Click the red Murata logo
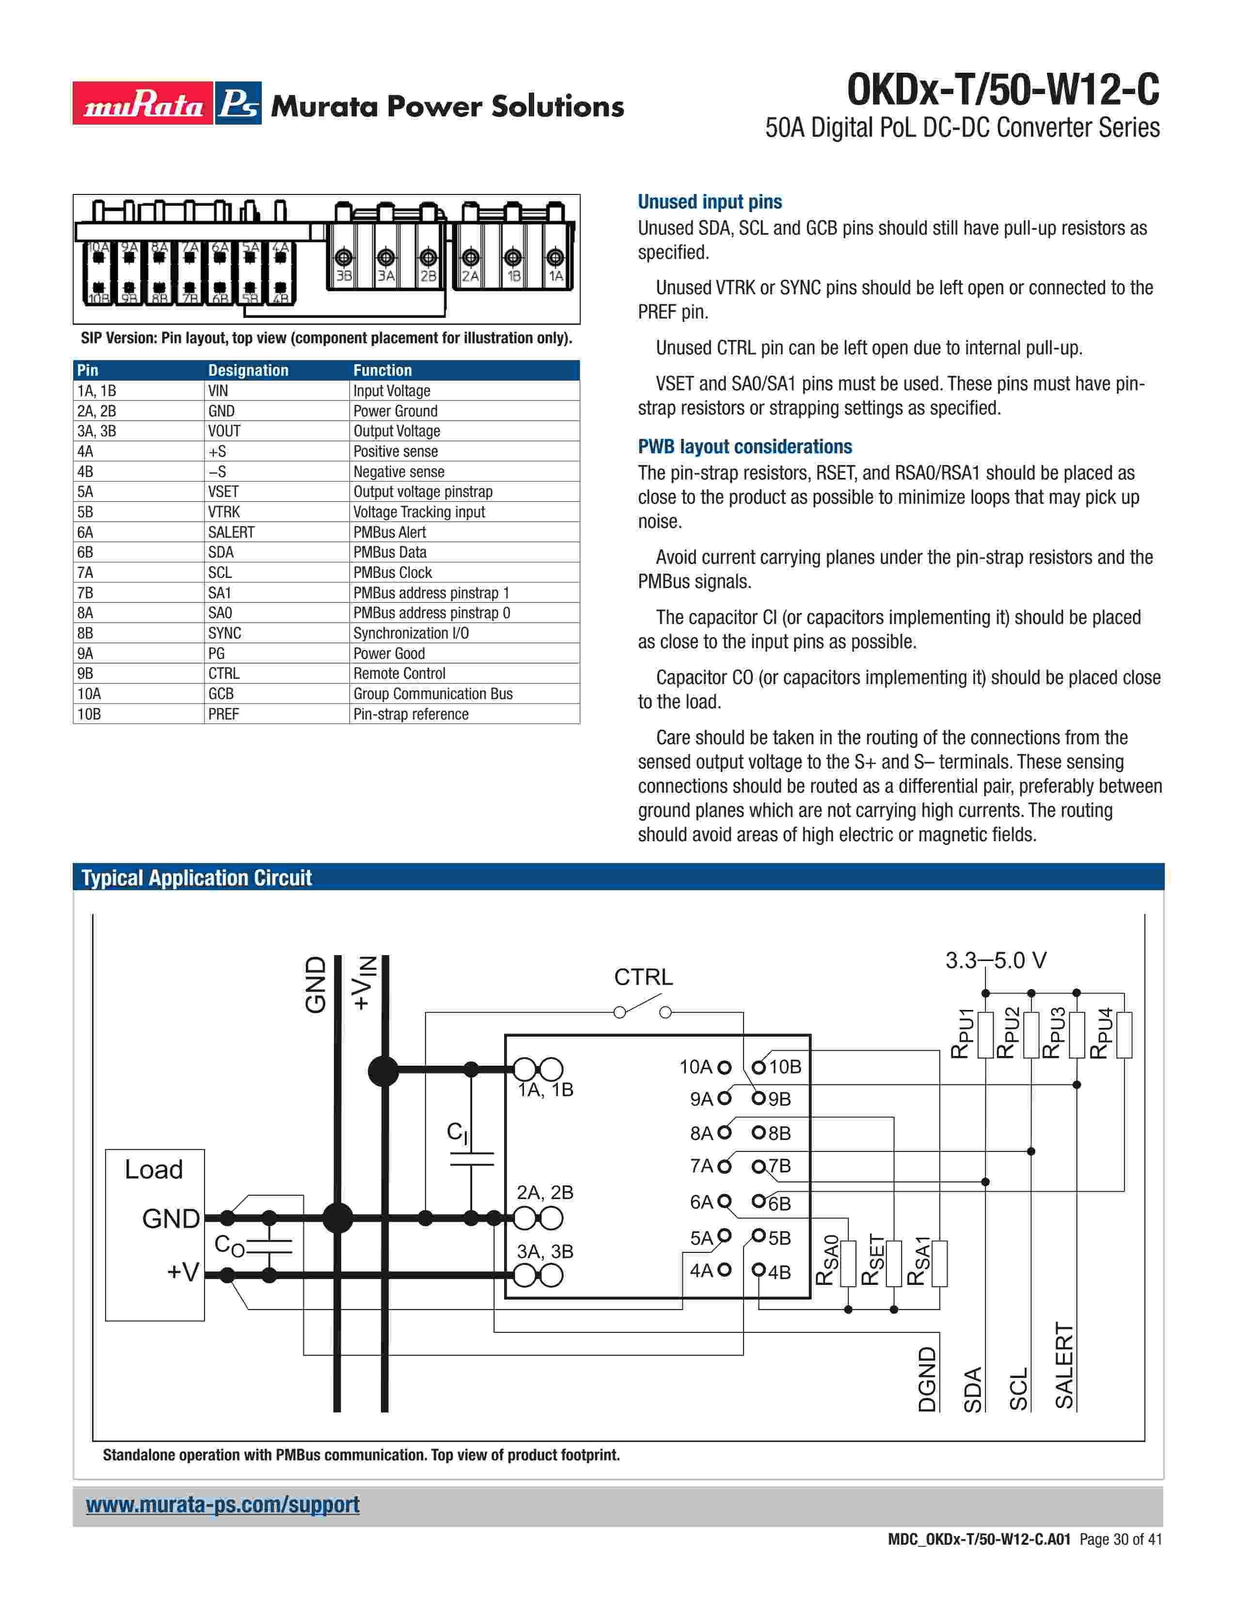coord(143,103)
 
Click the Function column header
coord(383,370)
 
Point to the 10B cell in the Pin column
coord(89,714)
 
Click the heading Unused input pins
coord(710,202)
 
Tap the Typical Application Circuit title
coord(196,878)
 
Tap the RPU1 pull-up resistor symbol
coord(985,1035)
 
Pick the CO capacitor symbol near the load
coord(269,1246)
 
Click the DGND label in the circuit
coord(927,1379)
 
